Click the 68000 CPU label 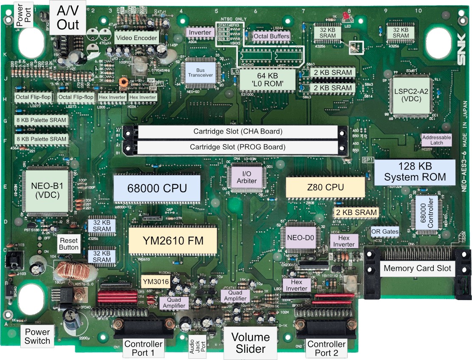tap(157, 188)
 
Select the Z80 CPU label tap(325, 187)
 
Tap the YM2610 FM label tap(173, 241)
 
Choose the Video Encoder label tap(136, 38)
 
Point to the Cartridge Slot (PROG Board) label tap(237, 147)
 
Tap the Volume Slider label tap(250, 343)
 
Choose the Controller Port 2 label tap(326, 348)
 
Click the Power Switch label tap(37, 336)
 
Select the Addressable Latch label tap(436, 140)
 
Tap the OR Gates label tap(385, 232)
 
